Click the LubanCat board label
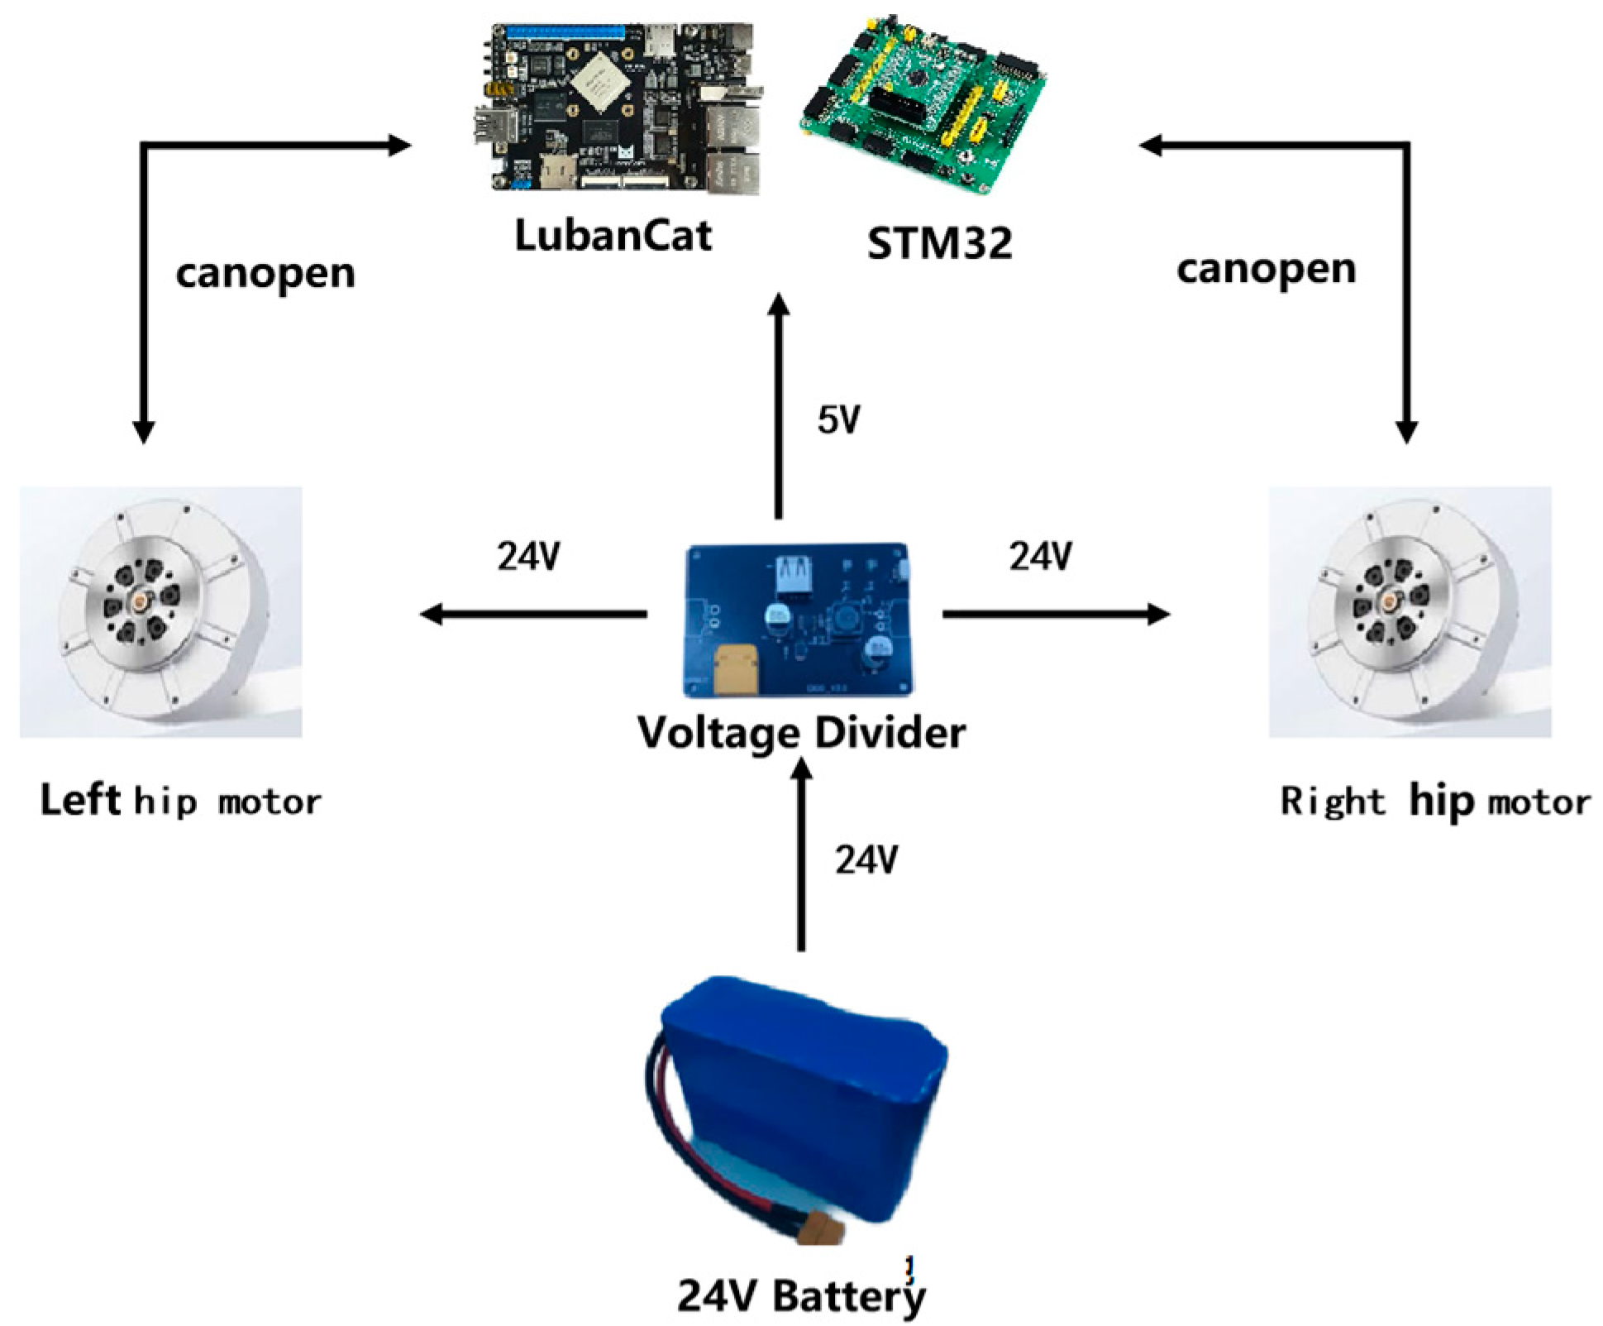613,235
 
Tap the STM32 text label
939,243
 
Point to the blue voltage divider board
799,620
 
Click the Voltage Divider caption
801,732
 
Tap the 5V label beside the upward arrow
838,420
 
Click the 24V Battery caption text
801,1295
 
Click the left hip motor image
161,612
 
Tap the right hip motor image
1410,612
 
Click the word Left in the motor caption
80,800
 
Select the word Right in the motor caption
1332,801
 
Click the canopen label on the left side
265,274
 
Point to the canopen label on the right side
1266,270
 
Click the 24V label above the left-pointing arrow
528,557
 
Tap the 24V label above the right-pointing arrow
1040,557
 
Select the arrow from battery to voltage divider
800,856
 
